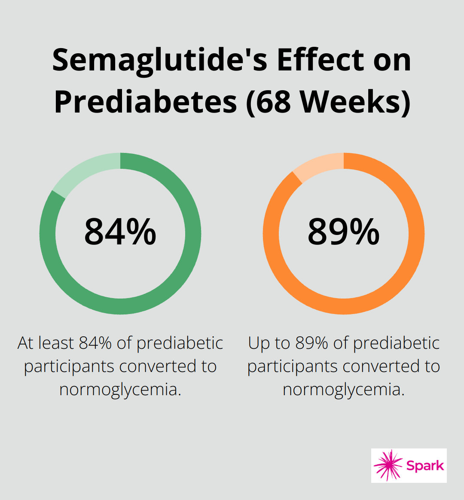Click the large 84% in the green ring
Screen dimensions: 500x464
click(120, 232)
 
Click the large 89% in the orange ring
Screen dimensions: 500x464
click(344, 232)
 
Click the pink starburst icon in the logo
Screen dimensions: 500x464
click(388, 465)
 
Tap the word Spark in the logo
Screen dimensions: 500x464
click(425, 466)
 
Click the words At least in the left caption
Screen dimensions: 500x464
click(46, 343)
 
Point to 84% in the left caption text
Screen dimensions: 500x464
click(96, 343)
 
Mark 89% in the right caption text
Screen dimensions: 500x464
click(313, 343)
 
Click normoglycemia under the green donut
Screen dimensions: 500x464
click(120, 390)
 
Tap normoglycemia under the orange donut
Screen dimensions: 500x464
click(344, 390)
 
